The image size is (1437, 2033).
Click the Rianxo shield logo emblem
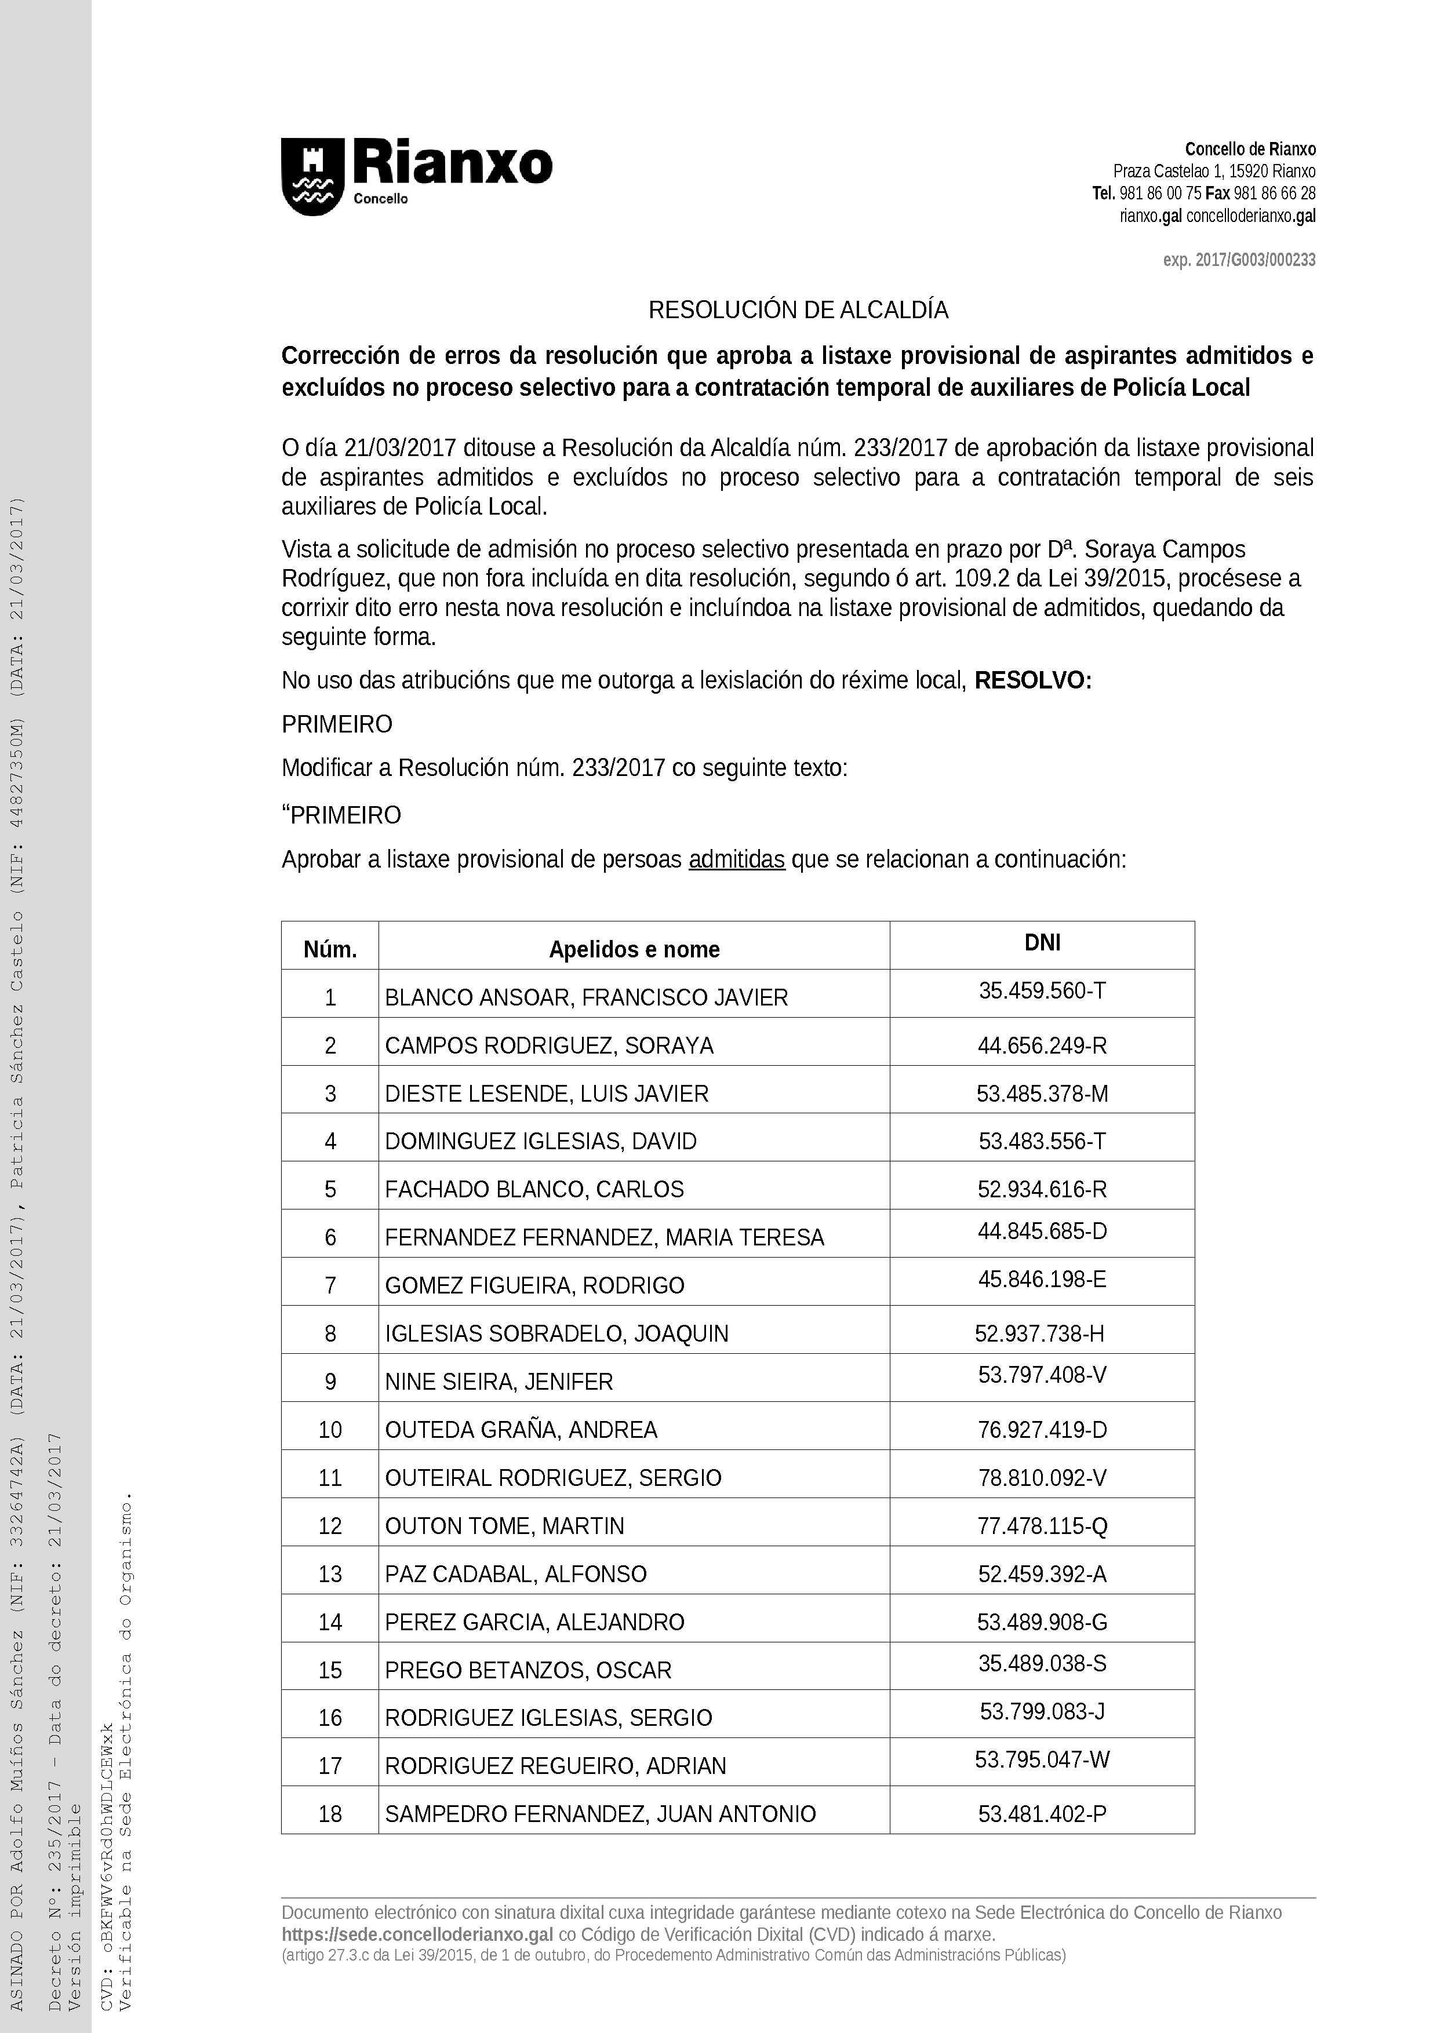312,176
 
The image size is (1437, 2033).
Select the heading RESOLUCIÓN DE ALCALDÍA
798,310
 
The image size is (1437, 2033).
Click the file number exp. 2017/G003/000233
1239,260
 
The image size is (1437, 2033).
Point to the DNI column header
1042,942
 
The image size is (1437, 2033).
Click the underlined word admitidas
737,860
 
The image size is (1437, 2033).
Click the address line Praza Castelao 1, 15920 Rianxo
1214,171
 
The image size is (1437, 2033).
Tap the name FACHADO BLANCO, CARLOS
534,1189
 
